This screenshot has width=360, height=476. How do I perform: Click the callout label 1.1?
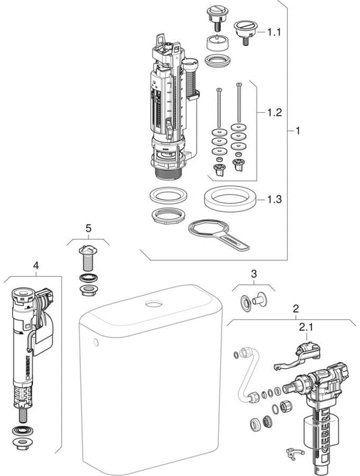[274, 32]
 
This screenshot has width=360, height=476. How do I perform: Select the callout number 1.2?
[274, 113]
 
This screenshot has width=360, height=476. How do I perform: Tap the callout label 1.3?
[274, 199]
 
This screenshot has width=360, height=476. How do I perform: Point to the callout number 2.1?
[306, 327]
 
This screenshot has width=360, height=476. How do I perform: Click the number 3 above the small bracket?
[254, 274]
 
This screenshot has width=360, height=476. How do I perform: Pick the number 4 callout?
[36, 265]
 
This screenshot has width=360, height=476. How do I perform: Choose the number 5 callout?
[88, 228]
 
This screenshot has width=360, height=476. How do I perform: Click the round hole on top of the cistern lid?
[154, 303]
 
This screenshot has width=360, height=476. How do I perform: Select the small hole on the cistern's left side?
[96, 343]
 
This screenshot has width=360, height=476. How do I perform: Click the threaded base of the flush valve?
[168, 174]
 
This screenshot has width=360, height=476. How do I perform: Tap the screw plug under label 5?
[88, 258]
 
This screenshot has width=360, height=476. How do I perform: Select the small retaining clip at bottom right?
[294, 453]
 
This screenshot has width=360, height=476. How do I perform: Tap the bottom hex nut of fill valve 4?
[22, 444]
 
